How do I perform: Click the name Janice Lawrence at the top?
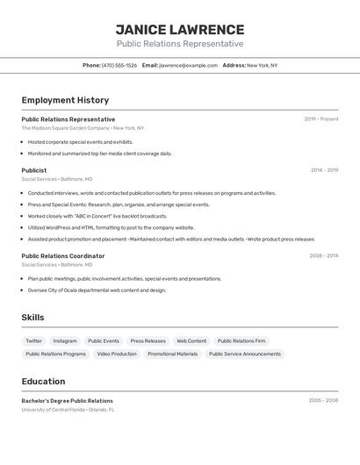tap(180, 29)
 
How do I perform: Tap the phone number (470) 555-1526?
tap(119, 65)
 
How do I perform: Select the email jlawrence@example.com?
tap(188, 65)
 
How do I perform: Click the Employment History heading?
tap(65, 100)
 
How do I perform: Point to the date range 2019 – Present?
tap(320, 119)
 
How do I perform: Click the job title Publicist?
tap(34, 170)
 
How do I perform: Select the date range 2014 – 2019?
tap(324, 170)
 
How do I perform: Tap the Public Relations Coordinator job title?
tap(63, 256)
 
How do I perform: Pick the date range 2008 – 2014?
tap(323, 256)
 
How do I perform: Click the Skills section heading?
tap(32, 318)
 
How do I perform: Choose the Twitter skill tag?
tap(33, 340)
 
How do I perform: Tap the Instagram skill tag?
tap(65, 340)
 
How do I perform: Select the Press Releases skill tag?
tap(148, 340)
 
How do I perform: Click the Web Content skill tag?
tap(191, 340)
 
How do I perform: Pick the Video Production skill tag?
tap(117, 354)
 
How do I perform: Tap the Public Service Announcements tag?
tap(245, 354)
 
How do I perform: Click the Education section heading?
tap(43, 382)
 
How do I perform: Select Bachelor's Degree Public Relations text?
tap(68, 401)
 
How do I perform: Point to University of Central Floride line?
tap(68, 409)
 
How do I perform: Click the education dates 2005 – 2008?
tap(323, 401)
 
